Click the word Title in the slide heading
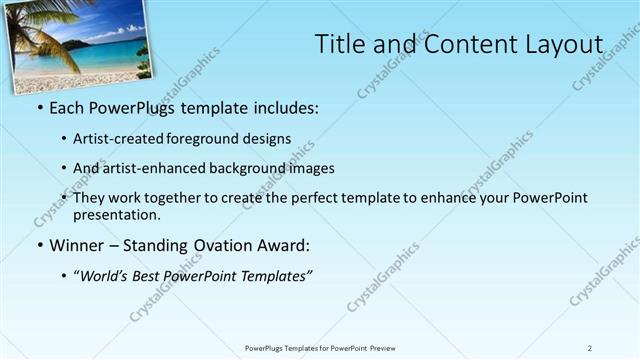tap(339, 44)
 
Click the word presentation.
tap(115, 214)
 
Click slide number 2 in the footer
tap(590, 348)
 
